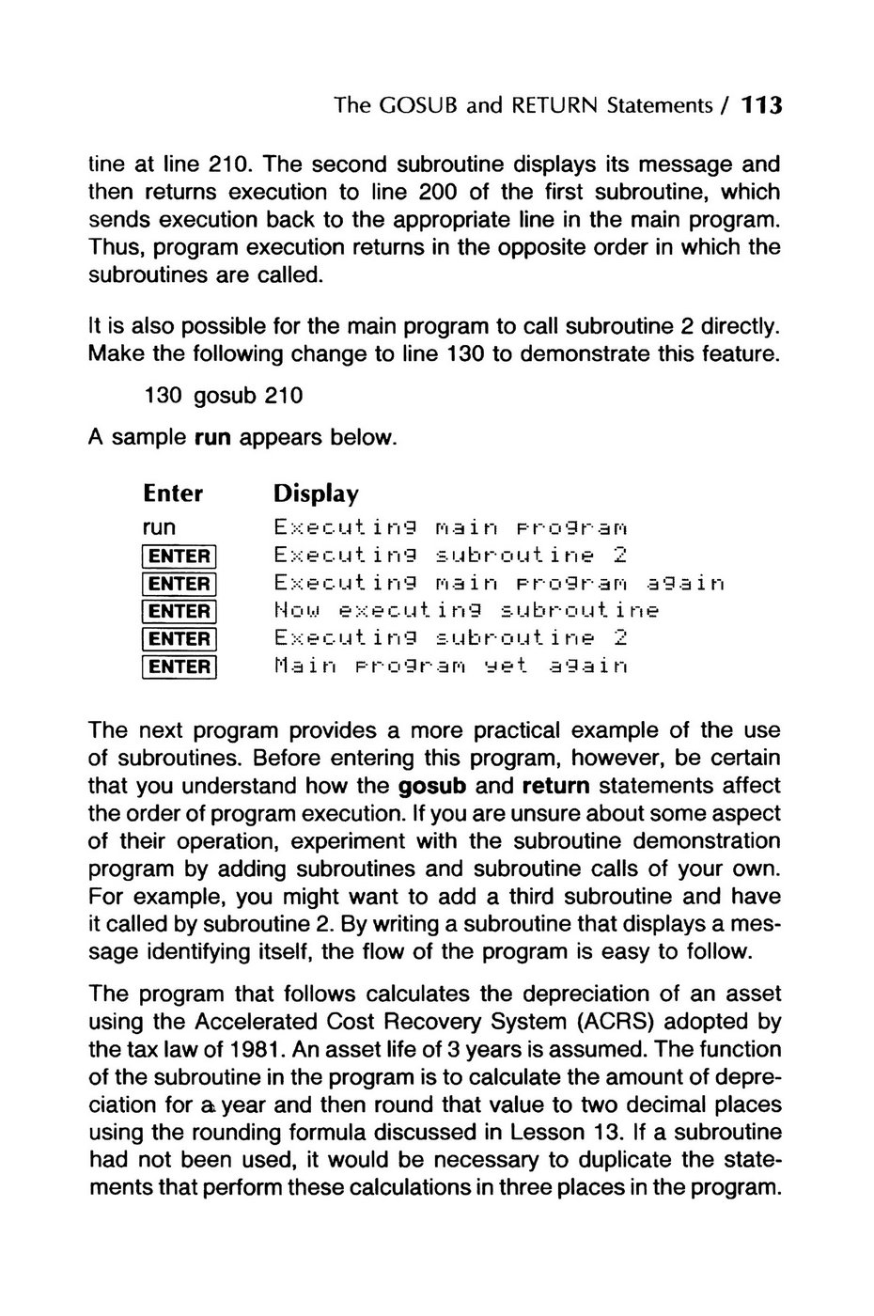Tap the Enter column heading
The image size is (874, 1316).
pyautogui.click(x=173, y=493)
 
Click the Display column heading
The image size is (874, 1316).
pyautogui.click(x=316, y=493)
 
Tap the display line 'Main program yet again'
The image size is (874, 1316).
pyautogui.click(x=450, y=667)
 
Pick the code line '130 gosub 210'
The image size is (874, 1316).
pyautogui.click(x=224, y=396)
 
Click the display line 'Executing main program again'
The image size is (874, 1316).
pyautogui.click(x=499, y=584)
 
